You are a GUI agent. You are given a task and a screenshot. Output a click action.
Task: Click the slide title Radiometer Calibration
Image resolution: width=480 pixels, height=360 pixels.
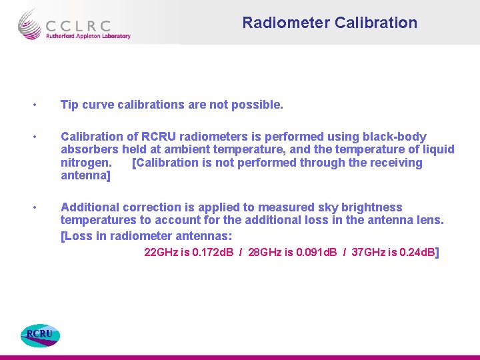[x=329, y=23]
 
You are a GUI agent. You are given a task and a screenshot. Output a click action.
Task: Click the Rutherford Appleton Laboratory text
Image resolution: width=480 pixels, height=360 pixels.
[x=87, y=36]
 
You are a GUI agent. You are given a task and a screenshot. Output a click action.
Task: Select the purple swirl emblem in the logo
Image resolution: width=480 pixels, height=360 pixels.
[x=30, y=25]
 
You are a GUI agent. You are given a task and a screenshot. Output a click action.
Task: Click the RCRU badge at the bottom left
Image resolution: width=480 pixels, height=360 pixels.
[x=40, y=335]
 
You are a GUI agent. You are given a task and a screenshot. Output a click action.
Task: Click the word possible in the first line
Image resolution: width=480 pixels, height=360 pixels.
[x=260, y=105]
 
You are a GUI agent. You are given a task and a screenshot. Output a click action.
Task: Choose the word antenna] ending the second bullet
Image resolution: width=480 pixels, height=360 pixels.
[x=85, y=176]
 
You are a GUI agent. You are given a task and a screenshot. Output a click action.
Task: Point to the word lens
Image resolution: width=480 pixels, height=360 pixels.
[x=430, y=220]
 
